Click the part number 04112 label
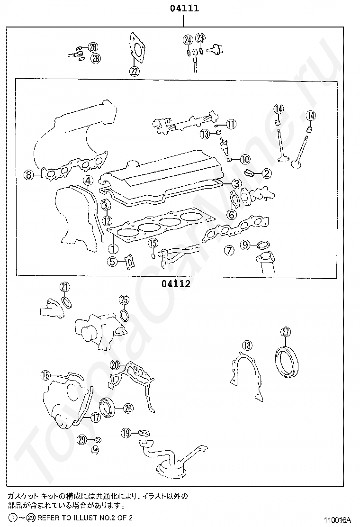[x=176, y=284]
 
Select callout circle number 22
[x=134, y=72]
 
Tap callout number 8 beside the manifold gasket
[x=28, y=175]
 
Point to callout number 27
[x=286, y=332]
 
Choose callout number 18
[x=246, y=345]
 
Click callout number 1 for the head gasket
[x=113, y=248]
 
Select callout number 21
[x=64, y=287]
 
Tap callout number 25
[x=124, y=300]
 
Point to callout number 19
[x=126, y=432]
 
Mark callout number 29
[x=82, y=440]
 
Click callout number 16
[x=45, y=375]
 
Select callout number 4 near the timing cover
[x=88, y=181]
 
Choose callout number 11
[x=231, y=124]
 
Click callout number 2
[x=266, y=173]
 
